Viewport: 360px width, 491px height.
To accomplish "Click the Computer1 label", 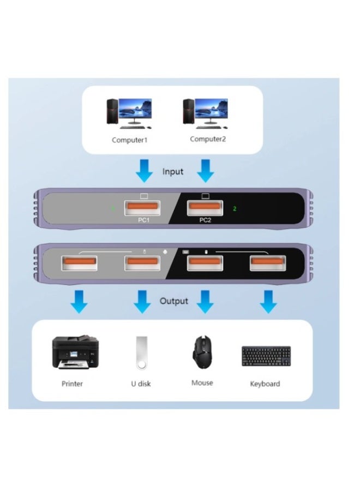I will (x=130, y=140).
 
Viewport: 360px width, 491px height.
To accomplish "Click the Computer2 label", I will (x=207, y=139).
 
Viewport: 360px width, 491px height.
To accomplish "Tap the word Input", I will (x=173, y=172).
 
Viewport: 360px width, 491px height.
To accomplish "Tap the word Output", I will (x=174, y=301).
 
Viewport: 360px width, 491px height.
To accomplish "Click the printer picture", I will (x=75, y=352).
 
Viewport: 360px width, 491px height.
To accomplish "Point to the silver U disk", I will (x=140, y=353).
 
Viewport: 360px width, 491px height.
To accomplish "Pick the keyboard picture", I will (x=266, y=356).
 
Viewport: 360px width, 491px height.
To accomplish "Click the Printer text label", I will (x=72, y=384).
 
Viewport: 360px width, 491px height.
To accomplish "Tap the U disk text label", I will (x=140, y=384).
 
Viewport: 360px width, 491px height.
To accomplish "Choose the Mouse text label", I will (x=202, y=383).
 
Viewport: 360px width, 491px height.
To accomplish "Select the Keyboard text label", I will (x=265, y=384).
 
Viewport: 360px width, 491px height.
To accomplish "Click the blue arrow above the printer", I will (x=80, y=301).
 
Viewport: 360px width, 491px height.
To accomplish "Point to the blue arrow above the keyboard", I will (x=268, y=301).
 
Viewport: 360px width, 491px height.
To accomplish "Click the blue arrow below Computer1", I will (x=144, y=171).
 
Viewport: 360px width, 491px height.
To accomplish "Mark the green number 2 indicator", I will (x=234, y=208).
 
